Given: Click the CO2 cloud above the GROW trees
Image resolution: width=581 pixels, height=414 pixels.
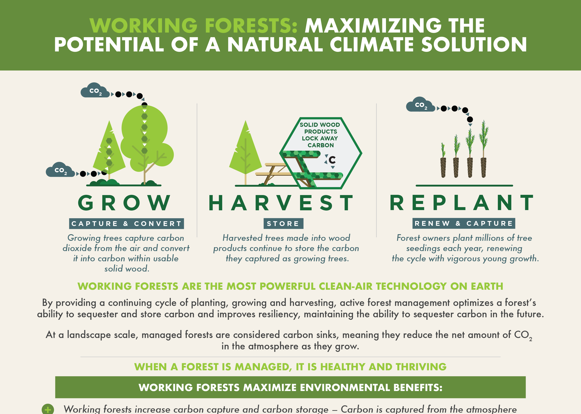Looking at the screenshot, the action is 95,90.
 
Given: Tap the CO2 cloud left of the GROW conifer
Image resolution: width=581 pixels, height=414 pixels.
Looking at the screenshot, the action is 60,170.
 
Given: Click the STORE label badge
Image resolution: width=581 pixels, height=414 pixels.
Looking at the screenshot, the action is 283,224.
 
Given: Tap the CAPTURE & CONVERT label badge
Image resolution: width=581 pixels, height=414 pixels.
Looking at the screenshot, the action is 126,224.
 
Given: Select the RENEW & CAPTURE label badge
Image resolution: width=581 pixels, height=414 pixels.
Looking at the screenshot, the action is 464,223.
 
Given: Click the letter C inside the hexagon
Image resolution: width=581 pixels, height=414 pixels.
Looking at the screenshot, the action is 332,160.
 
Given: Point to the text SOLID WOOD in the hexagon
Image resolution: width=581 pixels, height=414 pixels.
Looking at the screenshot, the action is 320,125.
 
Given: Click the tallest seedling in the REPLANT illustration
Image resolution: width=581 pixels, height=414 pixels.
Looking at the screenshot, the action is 483,149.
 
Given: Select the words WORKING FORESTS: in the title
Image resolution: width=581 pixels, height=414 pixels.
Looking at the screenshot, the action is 194,26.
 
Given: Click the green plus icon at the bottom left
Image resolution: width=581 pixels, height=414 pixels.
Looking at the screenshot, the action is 48,409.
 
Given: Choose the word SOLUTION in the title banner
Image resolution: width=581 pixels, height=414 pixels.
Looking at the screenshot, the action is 474,44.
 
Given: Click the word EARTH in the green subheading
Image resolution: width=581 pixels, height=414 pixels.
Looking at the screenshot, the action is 487,286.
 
